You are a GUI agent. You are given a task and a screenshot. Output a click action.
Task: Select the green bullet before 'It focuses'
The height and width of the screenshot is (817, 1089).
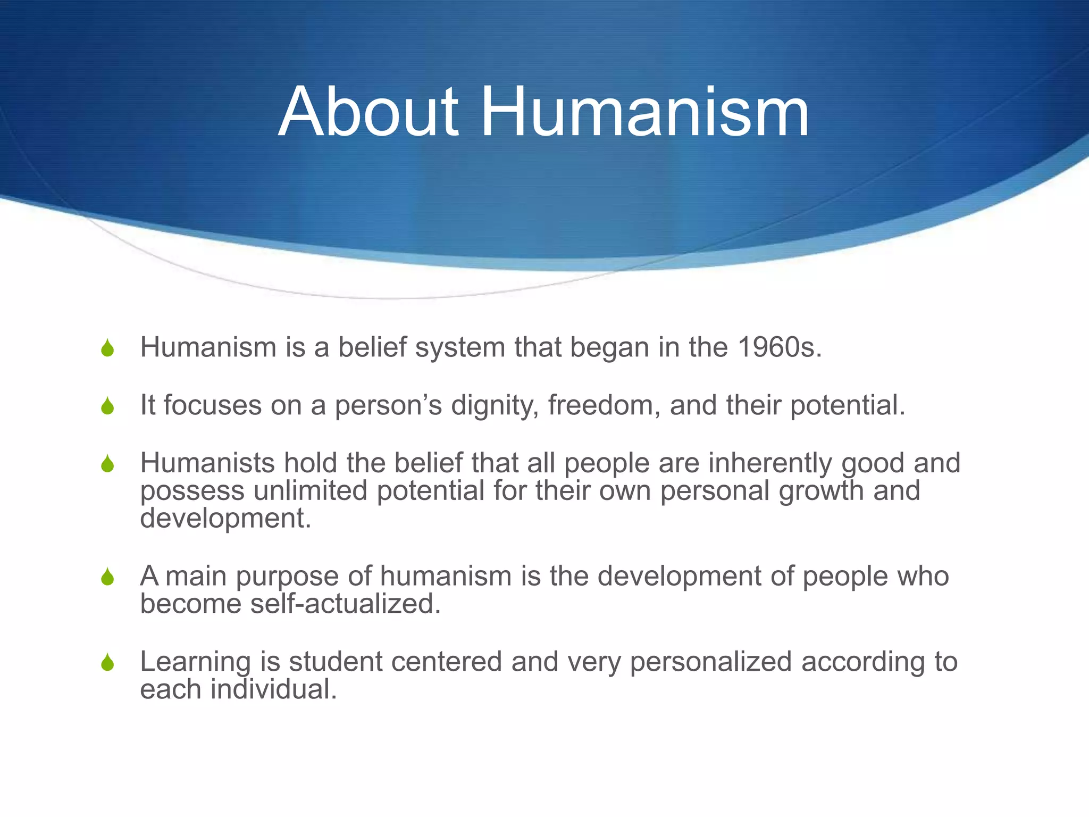pos(107,407)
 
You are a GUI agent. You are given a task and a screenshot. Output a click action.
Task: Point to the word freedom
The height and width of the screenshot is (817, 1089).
pos(604,405)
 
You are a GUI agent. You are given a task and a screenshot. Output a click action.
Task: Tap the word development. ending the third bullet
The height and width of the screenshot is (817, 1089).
pos(225,518)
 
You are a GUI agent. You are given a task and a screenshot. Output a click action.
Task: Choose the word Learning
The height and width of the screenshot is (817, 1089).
pos(195,663)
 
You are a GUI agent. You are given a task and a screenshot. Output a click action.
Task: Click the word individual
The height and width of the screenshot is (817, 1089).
pos(274,690)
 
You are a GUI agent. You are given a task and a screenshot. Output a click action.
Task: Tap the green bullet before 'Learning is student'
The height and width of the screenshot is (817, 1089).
pos(107,663)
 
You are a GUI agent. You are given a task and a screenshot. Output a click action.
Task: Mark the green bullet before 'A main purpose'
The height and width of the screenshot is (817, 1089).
pos(107,577)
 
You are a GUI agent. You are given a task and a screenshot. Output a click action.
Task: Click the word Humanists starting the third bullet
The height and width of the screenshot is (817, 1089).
pos(207,463)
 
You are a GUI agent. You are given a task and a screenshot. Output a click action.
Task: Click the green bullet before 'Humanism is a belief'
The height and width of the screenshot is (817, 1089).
pos(107,348)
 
